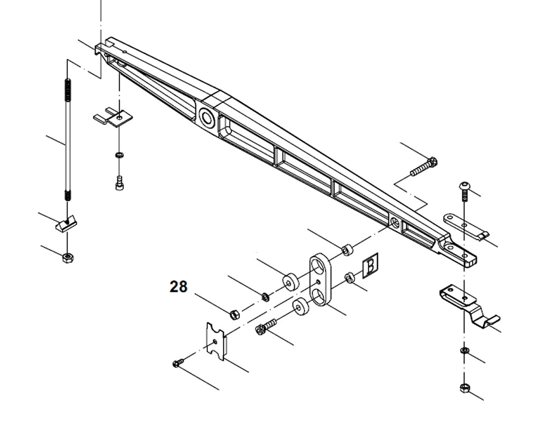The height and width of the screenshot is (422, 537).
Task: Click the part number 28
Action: pyautogui.click(x=179, y=287)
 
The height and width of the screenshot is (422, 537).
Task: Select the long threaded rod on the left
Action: pyautogui.click(x=68, y=140)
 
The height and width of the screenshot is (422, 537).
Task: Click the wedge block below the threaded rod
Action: pyautogui.click(x=67, y=221)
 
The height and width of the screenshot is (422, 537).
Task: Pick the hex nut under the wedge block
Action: pyautogui.click(x=68, y=258)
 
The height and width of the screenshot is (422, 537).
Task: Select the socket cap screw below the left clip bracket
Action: pyautogui.click(x=119, y=183)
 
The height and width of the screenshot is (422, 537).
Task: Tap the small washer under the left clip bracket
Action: pyautogui.click(x=119, y=155)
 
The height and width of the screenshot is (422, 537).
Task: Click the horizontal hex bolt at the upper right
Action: pyautogui.click(x=424, y=166)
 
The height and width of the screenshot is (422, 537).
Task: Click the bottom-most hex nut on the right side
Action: pyautogui.click(x=465, y=388)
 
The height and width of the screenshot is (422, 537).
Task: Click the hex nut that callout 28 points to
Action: pyautogui.click(x=234, y=314)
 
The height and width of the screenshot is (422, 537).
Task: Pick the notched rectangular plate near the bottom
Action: pyautogui.click(x=216, y=339)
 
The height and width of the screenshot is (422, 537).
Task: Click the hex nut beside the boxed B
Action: pyautogui.click(x=349, y=277)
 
